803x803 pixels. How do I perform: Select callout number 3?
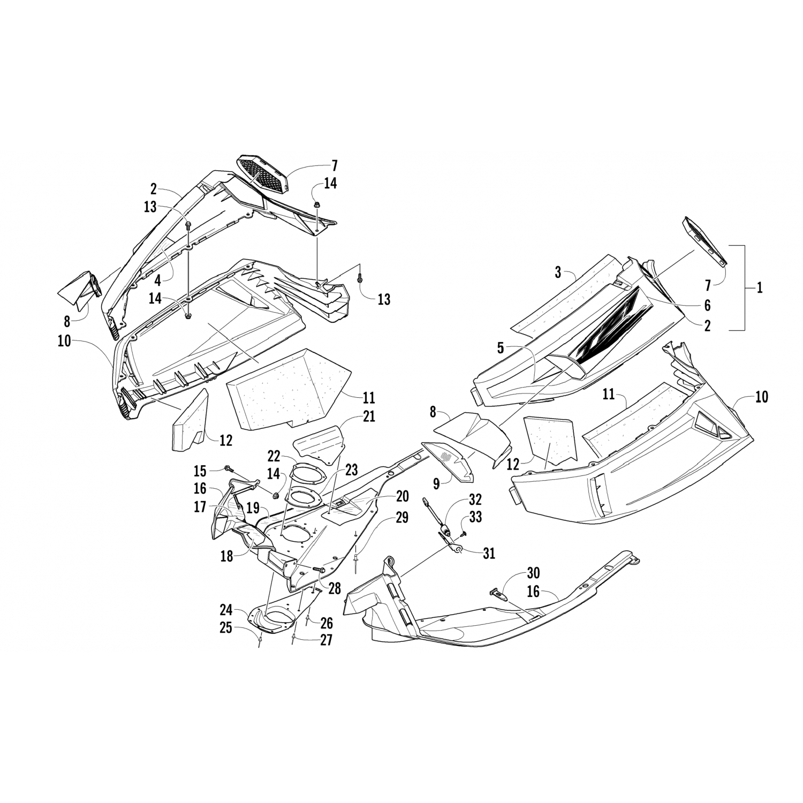tap(558, 272)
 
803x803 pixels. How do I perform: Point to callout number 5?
tap(501, 348)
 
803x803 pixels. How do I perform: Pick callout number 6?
tap(707, 305)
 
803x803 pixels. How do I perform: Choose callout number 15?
tap(200, 471)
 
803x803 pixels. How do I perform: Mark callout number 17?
tap(200, 506)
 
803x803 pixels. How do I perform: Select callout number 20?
tap(402, 497)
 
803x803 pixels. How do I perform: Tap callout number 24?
tap(226, 610)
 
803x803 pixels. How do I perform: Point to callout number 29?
tap(401, 518)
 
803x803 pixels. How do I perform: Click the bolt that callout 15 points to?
tap(229, 469)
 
